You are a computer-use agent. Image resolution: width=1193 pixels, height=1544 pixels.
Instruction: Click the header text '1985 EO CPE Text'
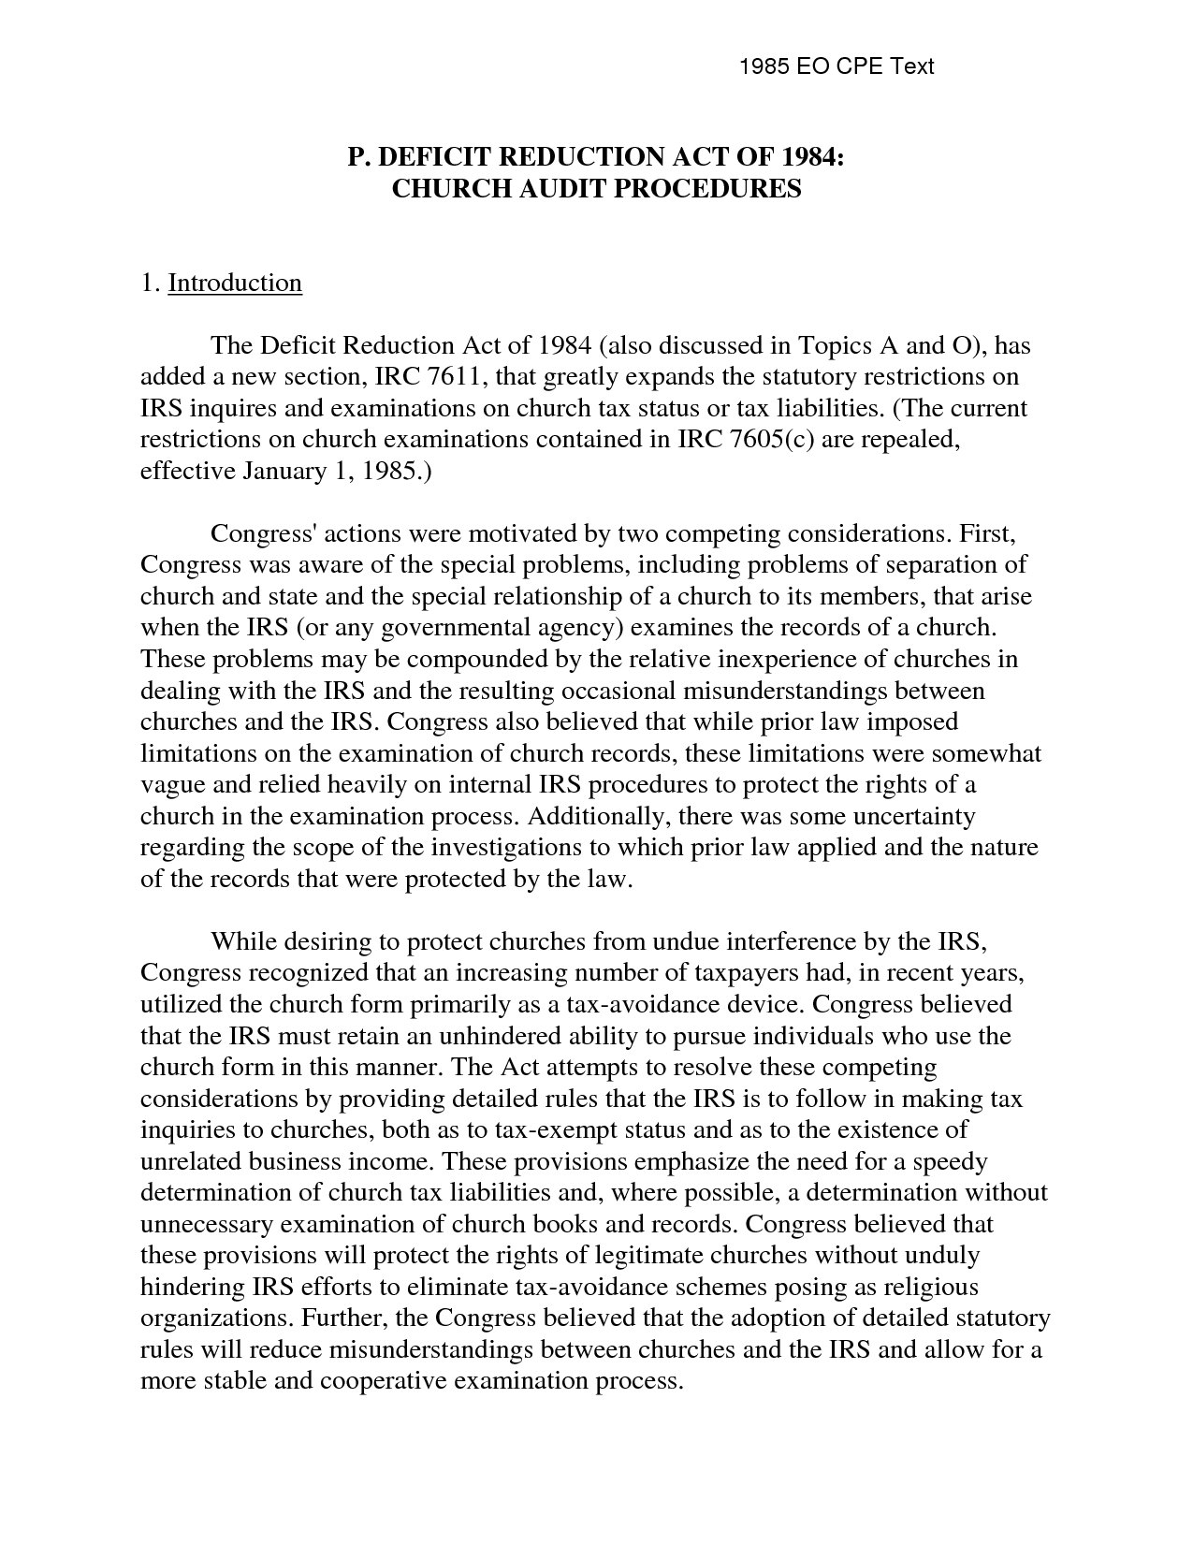(x=837, y=66)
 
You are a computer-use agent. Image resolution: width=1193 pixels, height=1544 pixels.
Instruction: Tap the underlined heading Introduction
(x=235, y=283)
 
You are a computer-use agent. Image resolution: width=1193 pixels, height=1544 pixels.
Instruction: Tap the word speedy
(x=950, y=1161)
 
